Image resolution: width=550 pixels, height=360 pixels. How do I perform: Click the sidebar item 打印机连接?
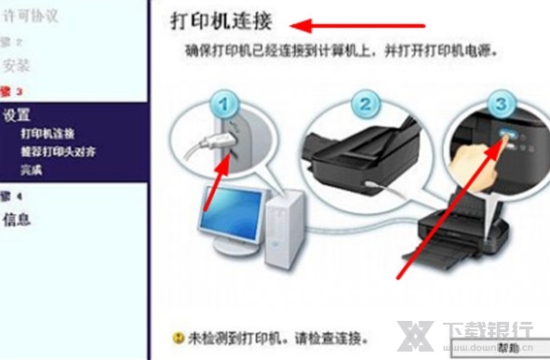point(47,134)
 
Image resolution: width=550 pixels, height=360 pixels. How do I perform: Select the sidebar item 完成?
point(31,170)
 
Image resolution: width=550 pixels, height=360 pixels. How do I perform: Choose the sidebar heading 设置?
point(17,115)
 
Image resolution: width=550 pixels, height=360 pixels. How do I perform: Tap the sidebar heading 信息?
point(17,220)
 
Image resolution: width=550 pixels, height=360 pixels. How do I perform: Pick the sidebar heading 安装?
point(17,66)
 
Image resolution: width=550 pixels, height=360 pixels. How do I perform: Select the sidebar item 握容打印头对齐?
point(59,152)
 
